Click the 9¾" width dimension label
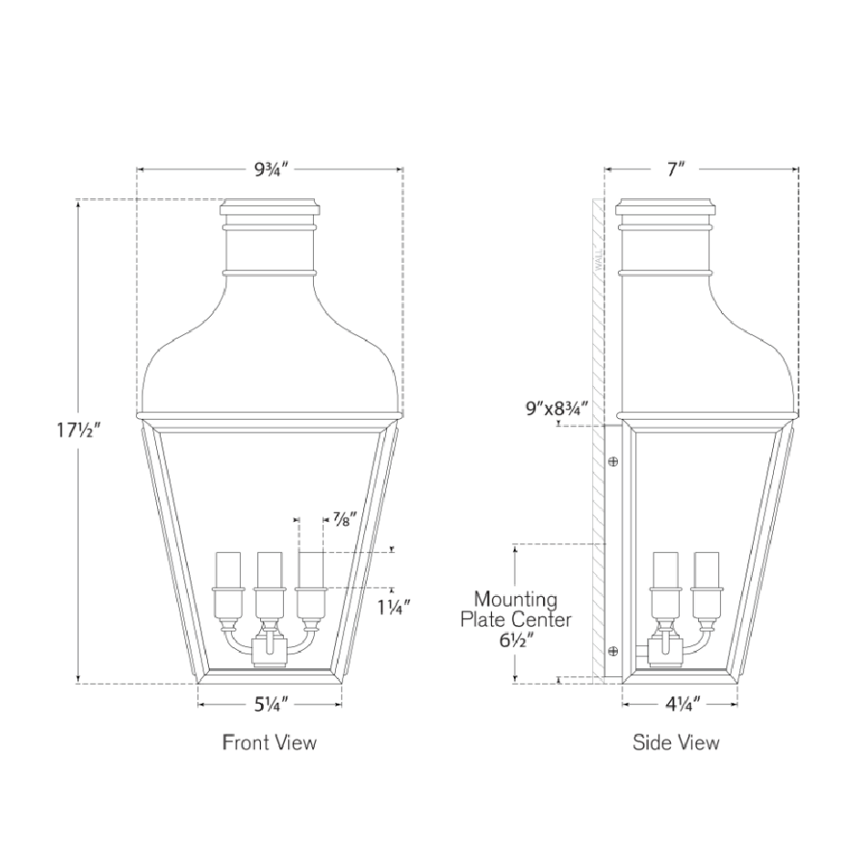point(271,169)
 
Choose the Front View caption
point(270,742)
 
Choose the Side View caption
point(676,742)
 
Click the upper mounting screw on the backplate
point(613,462)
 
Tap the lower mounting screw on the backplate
point(613,651)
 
